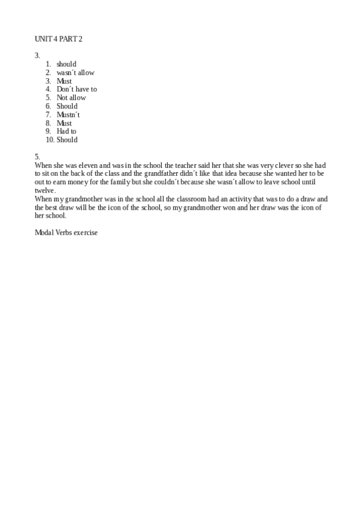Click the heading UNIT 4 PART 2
point(58,39)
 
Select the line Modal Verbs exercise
point(66,232)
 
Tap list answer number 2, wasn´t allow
point(75,73)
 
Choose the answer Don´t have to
point(76,89)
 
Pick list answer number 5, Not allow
point(71,98)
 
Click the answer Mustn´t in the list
point(68,115)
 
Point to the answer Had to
point(66,131)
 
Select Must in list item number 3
point(64,81)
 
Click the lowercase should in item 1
point(66,64)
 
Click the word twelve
point(44,190)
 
